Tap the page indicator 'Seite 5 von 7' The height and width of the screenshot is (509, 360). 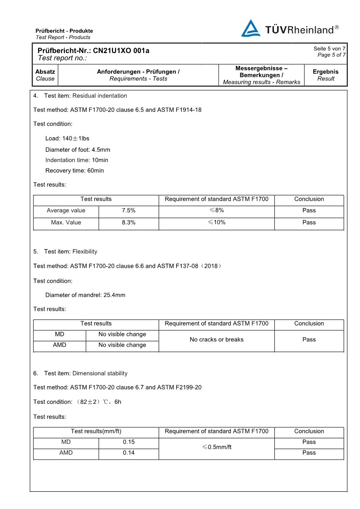point(329,48)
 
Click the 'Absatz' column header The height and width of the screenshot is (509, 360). point(45,72)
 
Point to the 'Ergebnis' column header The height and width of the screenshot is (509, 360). point(326,72)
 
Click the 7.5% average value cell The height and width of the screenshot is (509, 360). point(129,210)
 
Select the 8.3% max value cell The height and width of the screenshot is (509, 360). point(129,223)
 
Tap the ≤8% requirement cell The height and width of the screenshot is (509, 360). point(216,210)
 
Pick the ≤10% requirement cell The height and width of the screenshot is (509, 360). point(216,223)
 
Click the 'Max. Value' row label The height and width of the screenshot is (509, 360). point(66,223)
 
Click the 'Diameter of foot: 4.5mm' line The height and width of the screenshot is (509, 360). point(78,150)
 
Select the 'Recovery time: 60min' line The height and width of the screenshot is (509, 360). point(74,171)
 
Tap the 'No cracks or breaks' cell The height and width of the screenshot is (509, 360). point(216,339)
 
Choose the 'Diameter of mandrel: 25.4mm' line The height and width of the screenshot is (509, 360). point(85,295)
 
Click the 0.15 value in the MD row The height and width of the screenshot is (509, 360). point(129,442)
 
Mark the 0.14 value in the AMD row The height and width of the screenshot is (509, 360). point(129,453)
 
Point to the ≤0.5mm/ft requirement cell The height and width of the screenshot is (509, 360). point(216,447)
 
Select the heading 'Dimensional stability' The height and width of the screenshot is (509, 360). point(100,373)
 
